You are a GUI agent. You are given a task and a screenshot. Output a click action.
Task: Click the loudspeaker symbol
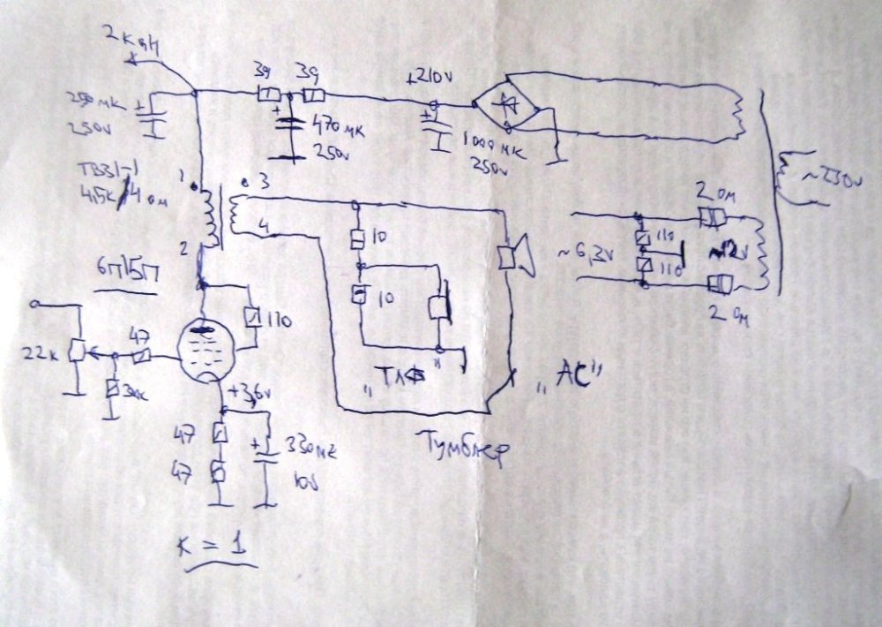click(x=514, y=256)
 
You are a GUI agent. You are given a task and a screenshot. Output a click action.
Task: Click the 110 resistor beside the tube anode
click(x=252, y=316)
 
